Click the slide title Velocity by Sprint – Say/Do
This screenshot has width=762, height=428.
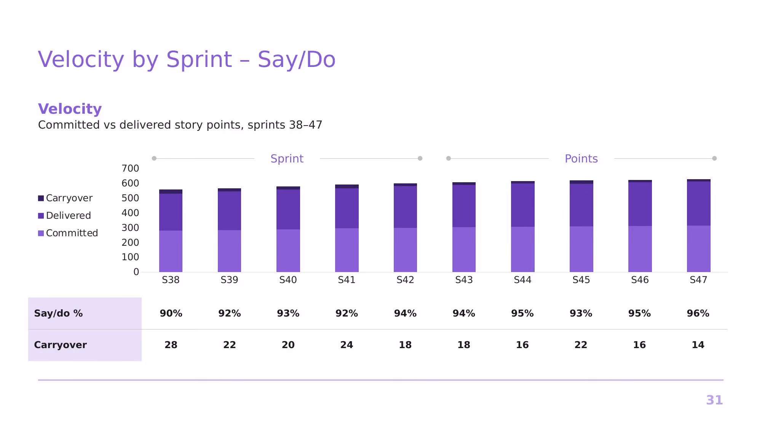[x=187, y=59]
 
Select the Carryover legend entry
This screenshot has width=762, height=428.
[x=65, y=198]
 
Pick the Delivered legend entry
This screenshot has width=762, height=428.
[x=64, y=216]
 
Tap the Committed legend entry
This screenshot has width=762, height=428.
[x=68, y=233]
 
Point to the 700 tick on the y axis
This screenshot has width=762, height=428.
[x=130, y=169]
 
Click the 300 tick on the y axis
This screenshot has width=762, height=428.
[x=130, y=228]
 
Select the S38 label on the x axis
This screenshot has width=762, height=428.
[x=171, y=280]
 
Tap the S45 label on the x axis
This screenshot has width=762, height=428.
[x=581, y=280]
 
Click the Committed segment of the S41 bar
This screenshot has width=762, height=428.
[x=347, y=250]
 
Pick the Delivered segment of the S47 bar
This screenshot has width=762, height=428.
[x=699, y=204]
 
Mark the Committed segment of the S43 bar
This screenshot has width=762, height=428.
[x=464, y=250]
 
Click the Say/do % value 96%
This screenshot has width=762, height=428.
[x=698, y=313]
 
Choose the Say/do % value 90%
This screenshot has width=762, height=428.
[x=171, y=313]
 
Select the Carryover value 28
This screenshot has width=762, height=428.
[x=171, y=345]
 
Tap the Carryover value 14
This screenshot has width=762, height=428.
[x=698, y=345]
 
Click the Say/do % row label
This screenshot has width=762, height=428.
[x=58, y=313]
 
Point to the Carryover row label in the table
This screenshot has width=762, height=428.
[x=60, y=345]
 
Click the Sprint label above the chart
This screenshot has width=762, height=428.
[x=287, y=159]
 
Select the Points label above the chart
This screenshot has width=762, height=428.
[x=581, y=159]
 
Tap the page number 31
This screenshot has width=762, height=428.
[x=714, y=400]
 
